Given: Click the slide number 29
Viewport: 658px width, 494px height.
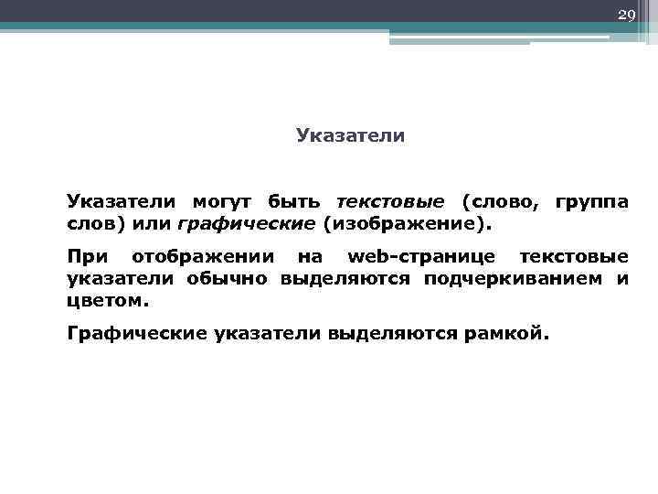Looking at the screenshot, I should click(x=626, y=16).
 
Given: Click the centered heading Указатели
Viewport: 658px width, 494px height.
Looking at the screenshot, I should click(x=350, y=136).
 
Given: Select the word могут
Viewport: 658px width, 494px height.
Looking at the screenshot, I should click(x=224, y=201).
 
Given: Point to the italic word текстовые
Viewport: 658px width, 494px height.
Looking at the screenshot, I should click(x=390, y=201).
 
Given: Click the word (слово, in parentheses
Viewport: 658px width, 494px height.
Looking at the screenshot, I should click(x=499, y=201).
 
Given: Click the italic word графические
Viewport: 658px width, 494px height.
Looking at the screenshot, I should click(x=246, y=222).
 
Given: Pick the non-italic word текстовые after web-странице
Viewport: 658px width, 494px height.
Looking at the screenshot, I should click(x=574, y=257).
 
